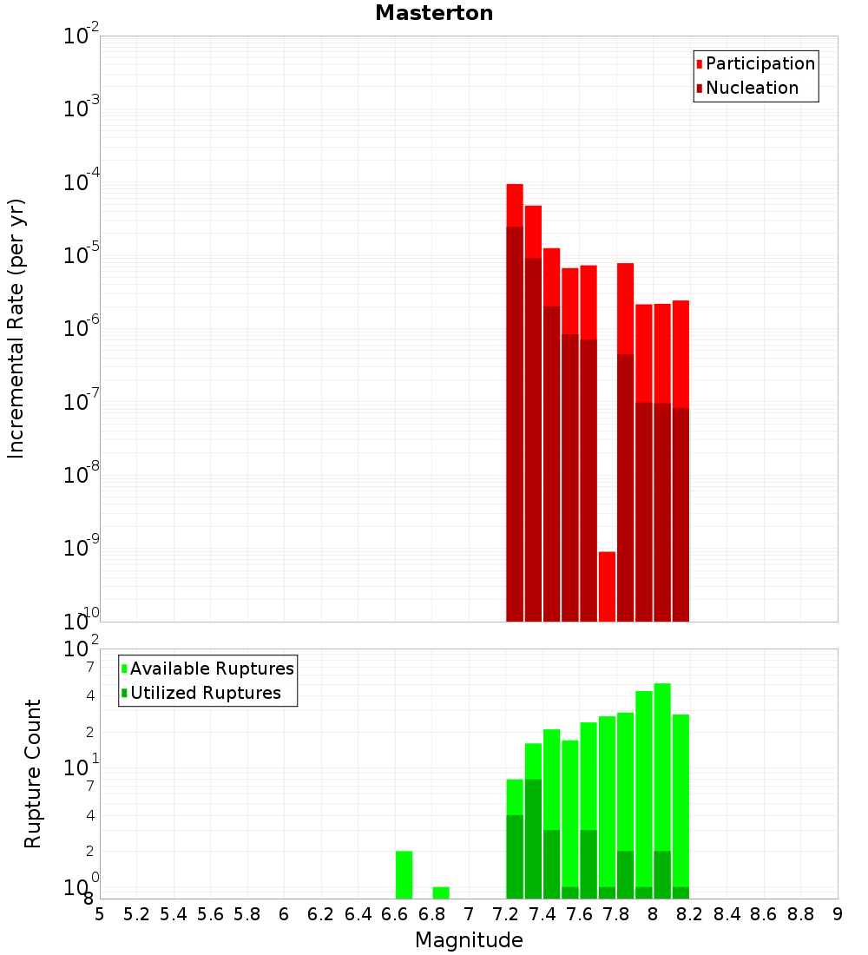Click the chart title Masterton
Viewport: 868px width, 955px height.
434,13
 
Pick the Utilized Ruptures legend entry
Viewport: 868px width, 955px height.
204,693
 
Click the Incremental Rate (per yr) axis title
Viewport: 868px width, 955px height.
16,328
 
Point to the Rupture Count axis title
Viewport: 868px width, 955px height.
33,773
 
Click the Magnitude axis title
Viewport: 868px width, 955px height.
469,940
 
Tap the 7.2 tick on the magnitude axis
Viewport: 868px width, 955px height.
505,914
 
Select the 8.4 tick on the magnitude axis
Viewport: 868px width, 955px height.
727,914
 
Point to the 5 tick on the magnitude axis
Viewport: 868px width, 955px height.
100,914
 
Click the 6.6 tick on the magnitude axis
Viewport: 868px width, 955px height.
395,914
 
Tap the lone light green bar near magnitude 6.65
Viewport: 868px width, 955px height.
404,874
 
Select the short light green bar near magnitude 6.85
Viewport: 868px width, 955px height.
441,892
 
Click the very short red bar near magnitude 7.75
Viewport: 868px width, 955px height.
607,586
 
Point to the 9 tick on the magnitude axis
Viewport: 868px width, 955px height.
838,914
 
